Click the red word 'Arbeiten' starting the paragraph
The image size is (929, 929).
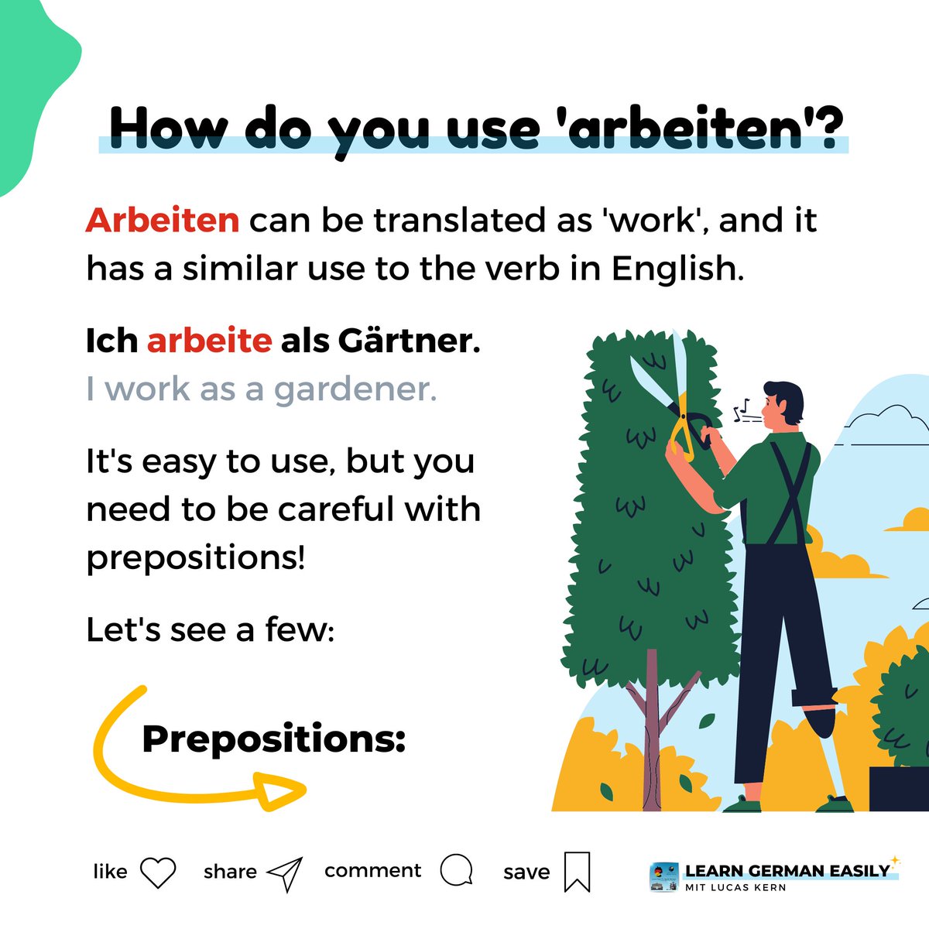163,221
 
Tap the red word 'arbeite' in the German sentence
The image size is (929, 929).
209,341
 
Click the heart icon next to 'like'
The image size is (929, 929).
159,872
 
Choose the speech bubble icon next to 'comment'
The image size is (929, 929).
456,870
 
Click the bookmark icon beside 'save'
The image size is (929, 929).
577,872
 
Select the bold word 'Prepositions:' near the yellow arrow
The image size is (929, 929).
274,739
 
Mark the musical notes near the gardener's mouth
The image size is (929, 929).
742,409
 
